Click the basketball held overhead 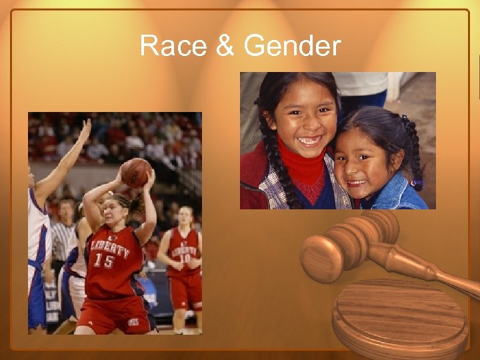pos(137,173)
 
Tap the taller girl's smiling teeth pos(309,141)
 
